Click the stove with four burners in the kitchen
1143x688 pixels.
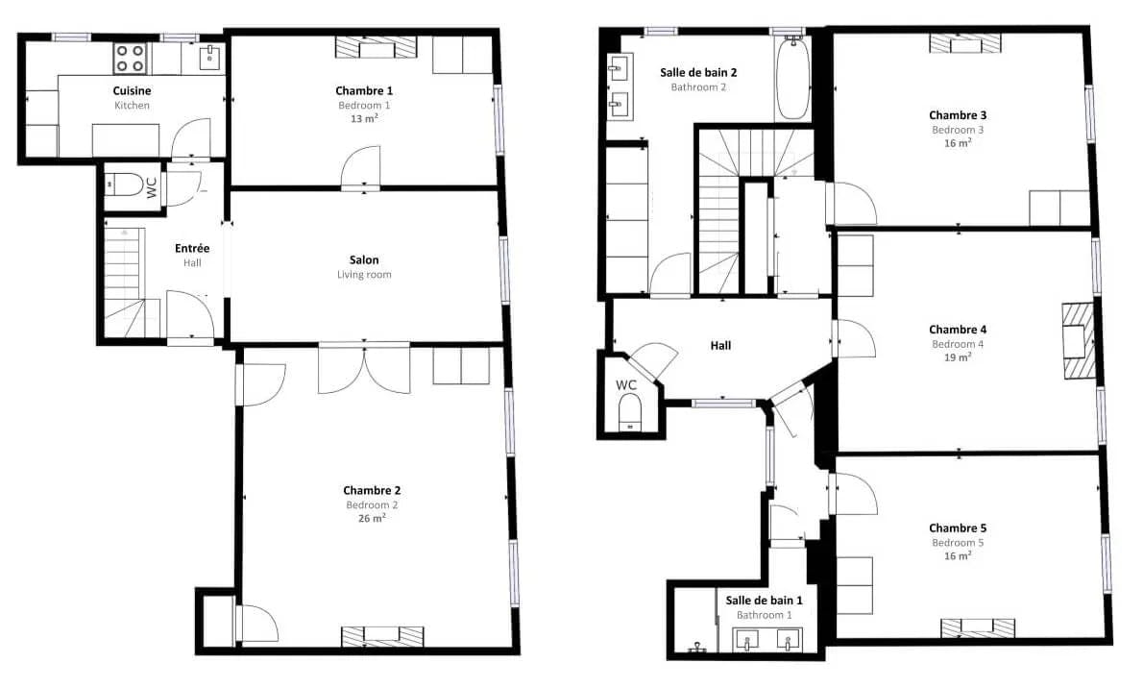[x=130, y=59]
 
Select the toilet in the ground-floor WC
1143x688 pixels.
[x=126, y=184]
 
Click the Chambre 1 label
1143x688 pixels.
[x=364, y=90]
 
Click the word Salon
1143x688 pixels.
[x=364, y=259]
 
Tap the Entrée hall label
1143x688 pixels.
[x=192, y=248]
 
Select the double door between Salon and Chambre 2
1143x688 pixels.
[x=364, y=368]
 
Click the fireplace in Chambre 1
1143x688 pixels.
[x=377, y=48]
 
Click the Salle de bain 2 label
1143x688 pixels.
[x=698, y=72]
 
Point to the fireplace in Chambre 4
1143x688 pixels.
[x=1078, y=341]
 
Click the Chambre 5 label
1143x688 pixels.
[x=958, y=528]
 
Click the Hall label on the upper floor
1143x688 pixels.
[x=721, y=345]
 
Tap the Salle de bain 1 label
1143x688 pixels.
[x=764, y=600]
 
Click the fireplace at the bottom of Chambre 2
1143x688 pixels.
[x=382, y=636]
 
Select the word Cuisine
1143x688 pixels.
[x=132, y=90]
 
